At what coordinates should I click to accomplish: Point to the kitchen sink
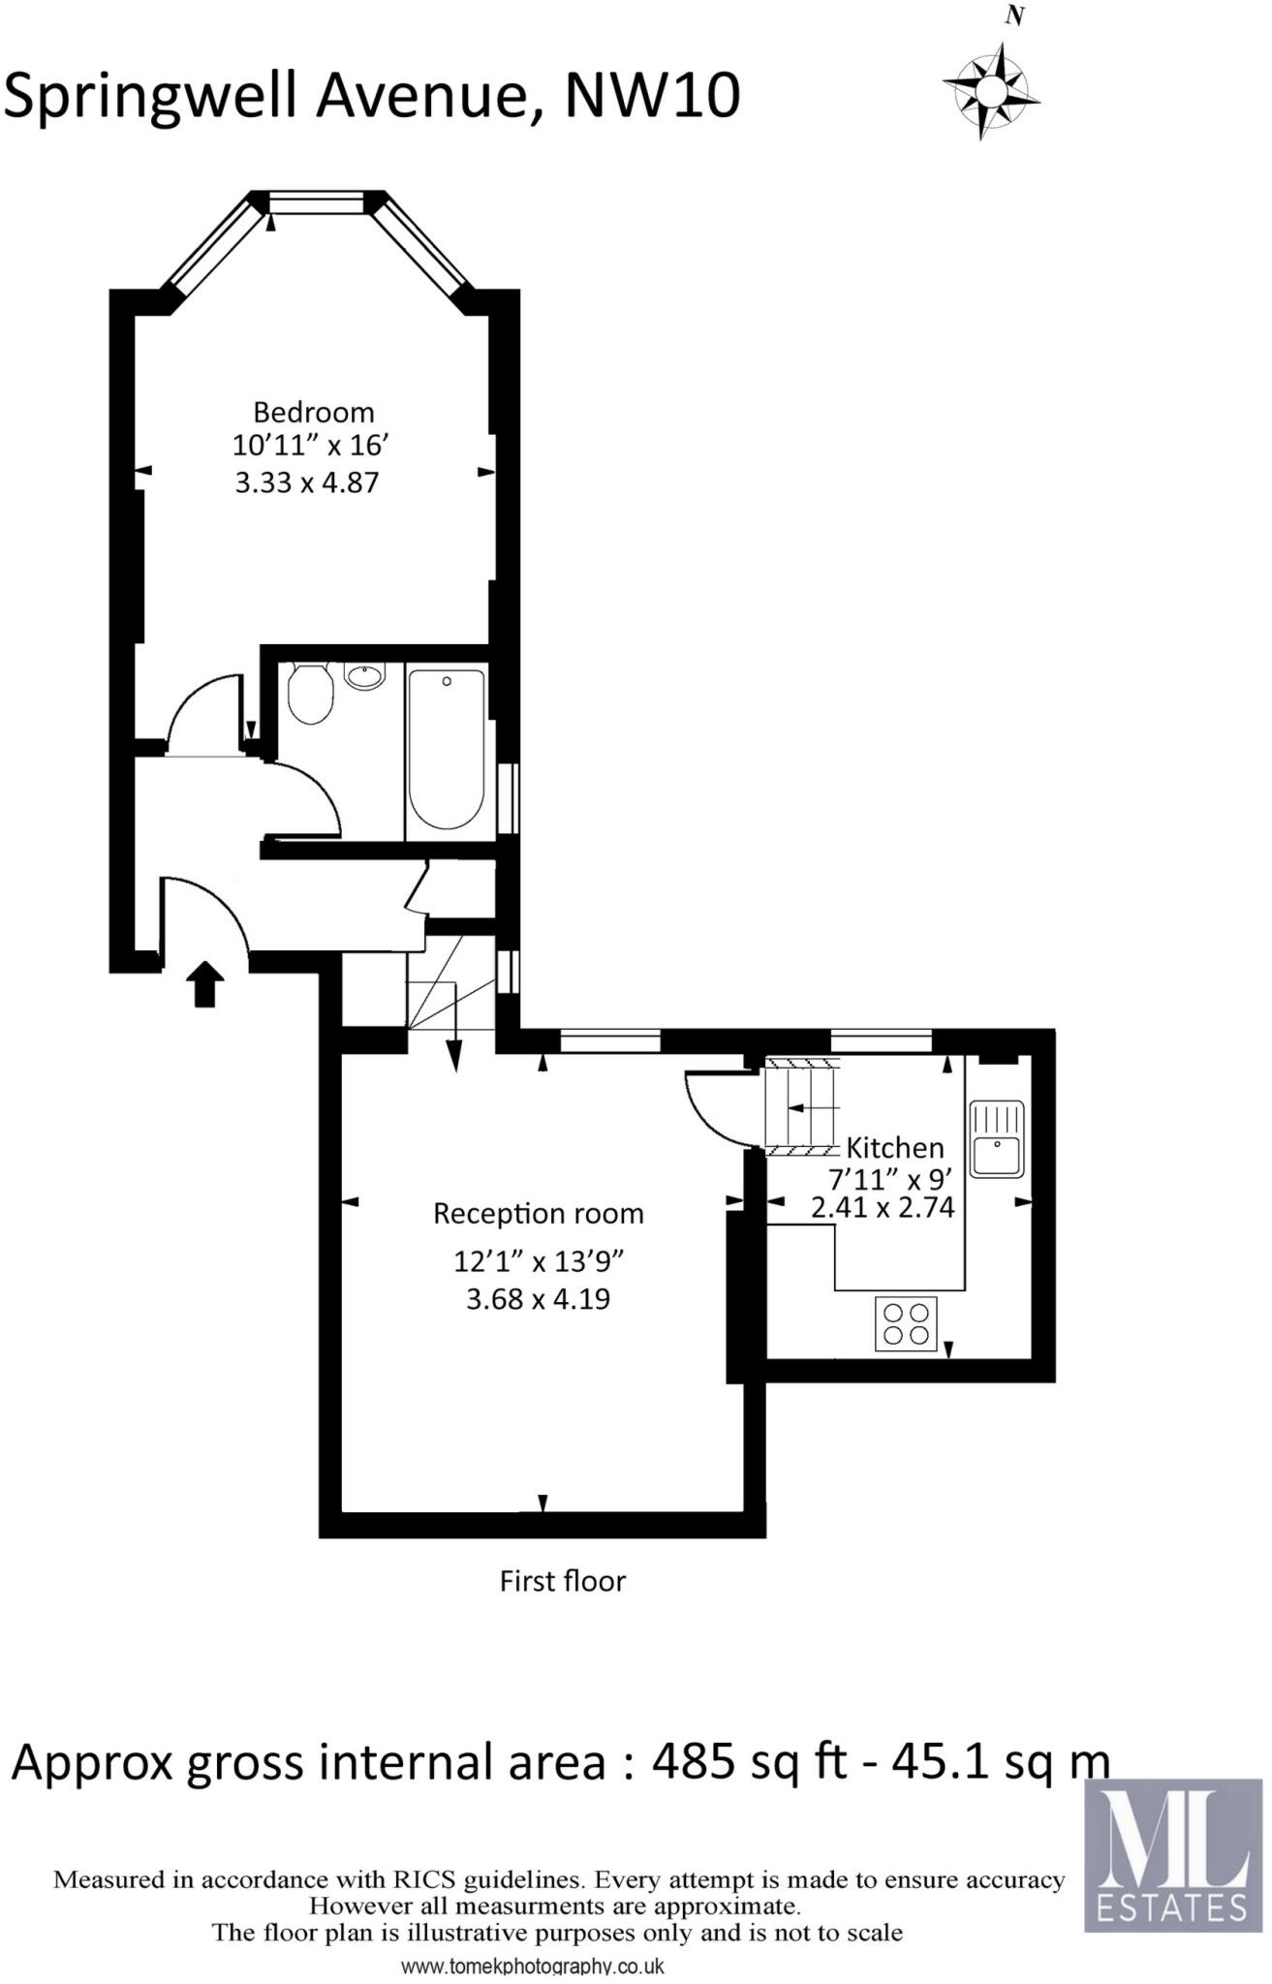click(997, 1139)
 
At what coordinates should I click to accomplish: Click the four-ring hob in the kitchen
click(907, 1323)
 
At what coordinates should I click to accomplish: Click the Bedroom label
click(313, 413)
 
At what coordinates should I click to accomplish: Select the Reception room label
click(538, 1214)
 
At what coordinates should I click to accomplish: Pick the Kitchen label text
click(894, 1148)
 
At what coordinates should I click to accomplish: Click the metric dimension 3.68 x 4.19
click(538, 1299)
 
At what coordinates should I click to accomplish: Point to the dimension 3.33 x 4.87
click(306, 482)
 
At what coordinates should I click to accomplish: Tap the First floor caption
click(562, 1581)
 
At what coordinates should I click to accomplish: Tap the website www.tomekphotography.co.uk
click(532, 1968)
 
